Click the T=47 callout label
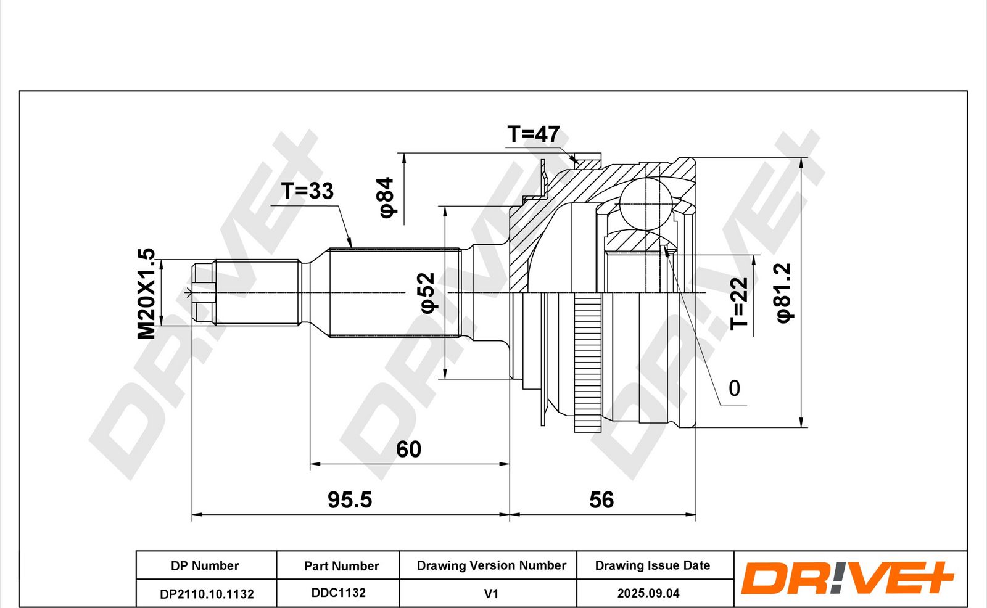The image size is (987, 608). click(533, 134)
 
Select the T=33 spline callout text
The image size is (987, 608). click(308, 191)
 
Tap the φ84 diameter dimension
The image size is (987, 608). click(386, 197)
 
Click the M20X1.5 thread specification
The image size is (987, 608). click(146, 294)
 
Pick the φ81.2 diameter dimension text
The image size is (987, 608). click(785, 294)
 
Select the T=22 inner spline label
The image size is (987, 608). click(739, 303)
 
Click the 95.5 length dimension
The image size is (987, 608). click(350, 500)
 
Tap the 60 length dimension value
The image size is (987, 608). click(408, 450)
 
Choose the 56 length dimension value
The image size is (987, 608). click(601, 500)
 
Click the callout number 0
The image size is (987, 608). click(735, 388)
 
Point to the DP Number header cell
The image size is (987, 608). click(205, 565)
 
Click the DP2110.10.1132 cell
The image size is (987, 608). click(207, 594)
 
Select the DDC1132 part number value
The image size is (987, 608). click(339, 593)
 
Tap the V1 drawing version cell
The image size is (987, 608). click(491, 594)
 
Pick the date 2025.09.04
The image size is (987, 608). click(648, 593)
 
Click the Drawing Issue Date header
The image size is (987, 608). click(653, 565)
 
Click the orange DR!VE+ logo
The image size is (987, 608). click(848, 578)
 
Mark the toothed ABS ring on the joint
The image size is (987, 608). click(588, 363)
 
